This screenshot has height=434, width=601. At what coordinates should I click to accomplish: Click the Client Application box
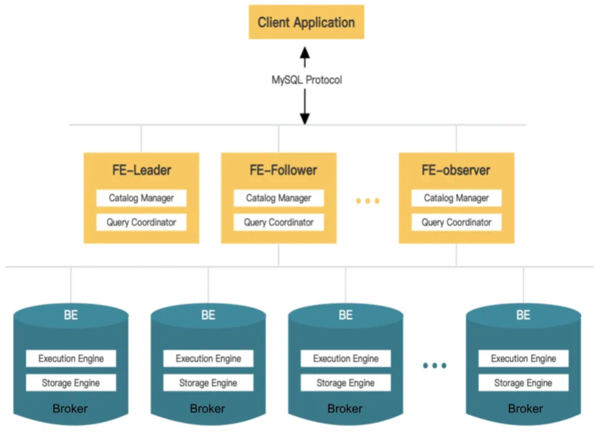(x=306, y=23)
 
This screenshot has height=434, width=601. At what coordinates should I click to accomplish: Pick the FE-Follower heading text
(x=283, y=170)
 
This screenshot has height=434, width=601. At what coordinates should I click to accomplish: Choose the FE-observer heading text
(x=456, y=170)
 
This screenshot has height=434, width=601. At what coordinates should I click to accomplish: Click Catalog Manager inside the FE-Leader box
(x=141, y=198)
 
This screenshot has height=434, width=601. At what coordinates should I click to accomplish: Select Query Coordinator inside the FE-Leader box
(x=141, y=222)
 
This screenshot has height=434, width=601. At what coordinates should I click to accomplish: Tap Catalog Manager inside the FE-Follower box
(x=279, y=198)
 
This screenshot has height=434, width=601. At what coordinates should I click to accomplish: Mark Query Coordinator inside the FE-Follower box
(x=279, y=222)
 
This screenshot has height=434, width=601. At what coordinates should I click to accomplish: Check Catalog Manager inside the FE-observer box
(x=456, y=198)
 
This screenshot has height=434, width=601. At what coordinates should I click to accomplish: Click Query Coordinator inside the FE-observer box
(x=456, y=222)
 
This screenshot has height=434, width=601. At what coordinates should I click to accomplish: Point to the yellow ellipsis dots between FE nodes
(x=367, y=201)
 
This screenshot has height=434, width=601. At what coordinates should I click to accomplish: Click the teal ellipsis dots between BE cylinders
(x=434, y=366)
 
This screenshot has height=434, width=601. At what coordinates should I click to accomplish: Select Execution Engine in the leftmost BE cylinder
(x=71, y=358)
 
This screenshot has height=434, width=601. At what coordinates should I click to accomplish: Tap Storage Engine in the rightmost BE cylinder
(x=523, y=383)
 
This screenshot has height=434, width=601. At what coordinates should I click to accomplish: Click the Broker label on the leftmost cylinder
(x=71, y=408)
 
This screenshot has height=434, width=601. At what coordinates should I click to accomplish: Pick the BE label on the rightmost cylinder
(x=523, y=315)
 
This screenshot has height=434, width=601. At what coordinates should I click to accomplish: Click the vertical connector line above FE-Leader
(x=141, y=138)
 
